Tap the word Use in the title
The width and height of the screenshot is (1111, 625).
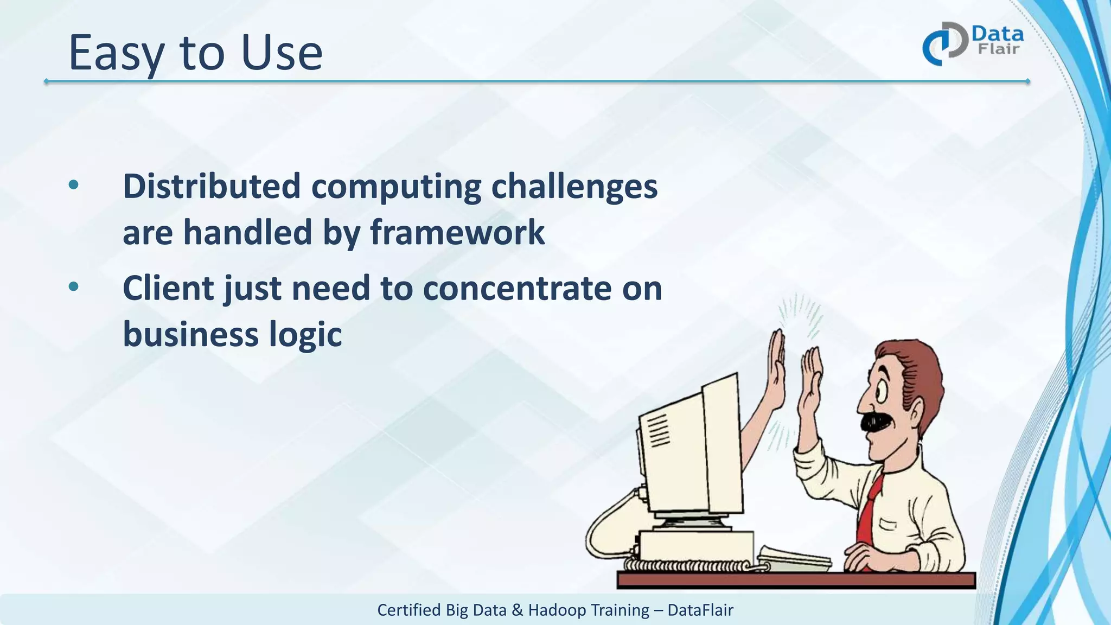282,53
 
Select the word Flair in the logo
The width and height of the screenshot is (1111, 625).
999,49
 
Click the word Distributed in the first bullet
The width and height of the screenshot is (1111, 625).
212,186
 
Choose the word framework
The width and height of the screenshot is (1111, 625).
457,233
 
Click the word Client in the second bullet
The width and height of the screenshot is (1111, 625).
169,288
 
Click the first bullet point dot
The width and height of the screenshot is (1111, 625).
74,186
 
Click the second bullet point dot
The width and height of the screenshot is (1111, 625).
74,287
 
